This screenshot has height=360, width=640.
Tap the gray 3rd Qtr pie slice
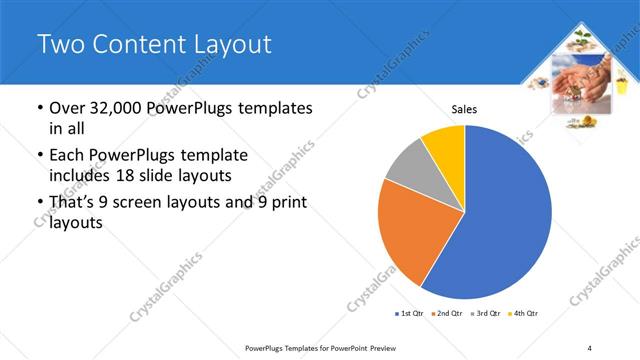(409, 165)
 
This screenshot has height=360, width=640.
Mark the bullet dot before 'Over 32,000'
(38, 108)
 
